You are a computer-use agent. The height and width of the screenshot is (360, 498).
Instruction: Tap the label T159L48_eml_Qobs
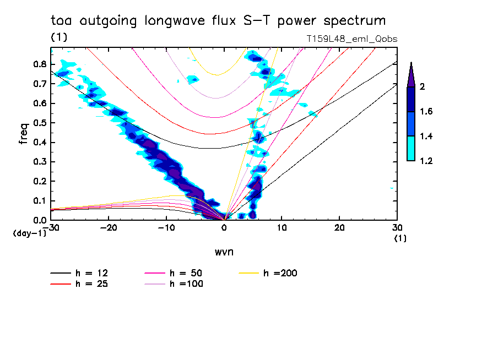[351, 39]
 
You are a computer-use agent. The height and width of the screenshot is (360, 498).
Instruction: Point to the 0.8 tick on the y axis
[39, 64]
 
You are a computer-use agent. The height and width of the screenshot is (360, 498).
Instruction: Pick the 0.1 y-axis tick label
[39, 201]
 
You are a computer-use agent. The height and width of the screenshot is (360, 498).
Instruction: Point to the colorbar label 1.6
[426, 112]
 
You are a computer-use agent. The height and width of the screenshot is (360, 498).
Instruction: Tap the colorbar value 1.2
[426, 161]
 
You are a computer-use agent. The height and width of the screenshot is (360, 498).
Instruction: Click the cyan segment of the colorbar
[411, 149]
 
